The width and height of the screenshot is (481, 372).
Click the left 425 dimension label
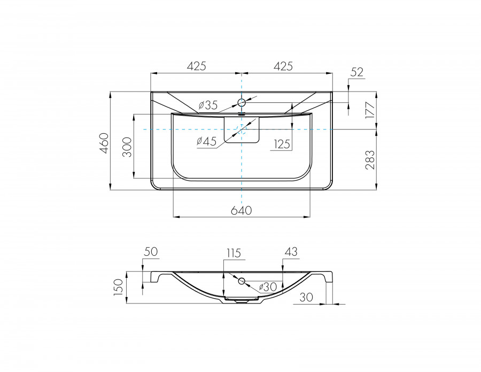tap(197, 66)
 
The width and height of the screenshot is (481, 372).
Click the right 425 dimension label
tap(283, 66)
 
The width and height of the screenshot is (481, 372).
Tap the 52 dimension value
tap(357, 72)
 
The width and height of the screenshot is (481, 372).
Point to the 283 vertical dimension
tap(370, 160)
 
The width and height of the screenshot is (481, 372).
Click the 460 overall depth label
tap(104, 143)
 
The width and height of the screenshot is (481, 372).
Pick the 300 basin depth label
tap(127, 147)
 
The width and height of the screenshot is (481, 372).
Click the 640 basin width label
tap(241, 210)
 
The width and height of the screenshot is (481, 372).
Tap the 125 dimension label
tap(282, 144)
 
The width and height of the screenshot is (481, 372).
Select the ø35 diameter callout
tap(208, 105)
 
